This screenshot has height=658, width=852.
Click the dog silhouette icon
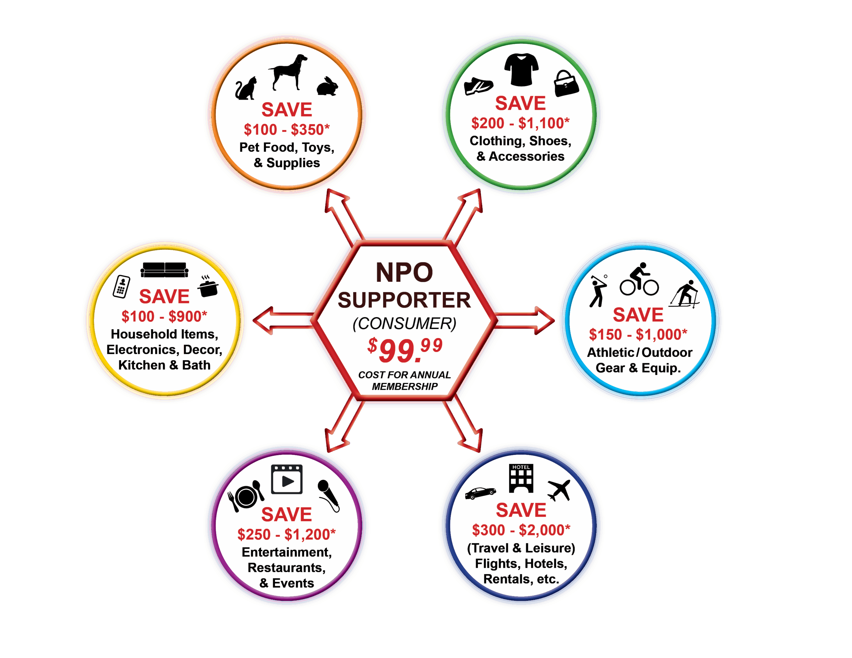(288, 72)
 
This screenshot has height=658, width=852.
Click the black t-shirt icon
(521, 70)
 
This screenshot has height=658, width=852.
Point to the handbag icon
(566, 83)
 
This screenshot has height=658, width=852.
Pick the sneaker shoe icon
(478, 86)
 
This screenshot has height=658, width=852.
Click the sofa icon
(164, 270)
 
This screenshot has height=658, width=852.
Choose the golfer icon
(598, 291)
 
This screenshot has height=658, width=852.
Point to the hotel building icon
(521, 479)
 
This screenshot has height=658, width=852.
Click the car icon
(480, 493)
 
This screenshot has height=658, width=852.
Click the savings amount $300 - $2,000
(521, 530)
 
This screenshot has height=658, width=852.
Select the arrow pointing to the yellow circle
(281, 320)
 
